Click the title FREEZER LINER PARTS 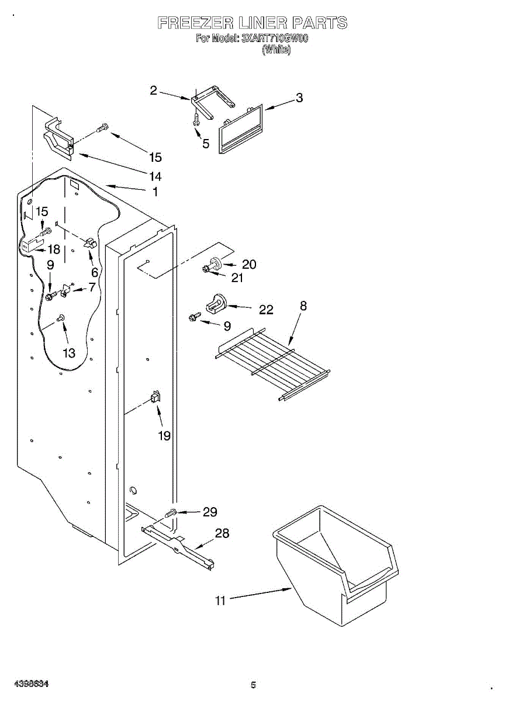[x=253, y=23]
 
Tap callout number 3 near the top [x=299, y=98]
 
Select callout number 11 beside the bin [x=220, y=600]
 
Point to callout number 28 [x=222, y=533]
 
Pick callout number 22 [x=266, y=310]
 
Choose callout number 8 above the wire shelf [x=303, y=306]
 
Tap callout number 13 [x=69, y=353]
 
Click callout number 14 [x=155, y=176]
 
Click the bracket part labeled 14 [x=58, y=139]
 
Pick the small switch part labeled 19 [x=155, y=397]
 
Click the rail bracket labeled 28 [x=178, y=546]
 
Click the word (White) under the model [x=277, y=50]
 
